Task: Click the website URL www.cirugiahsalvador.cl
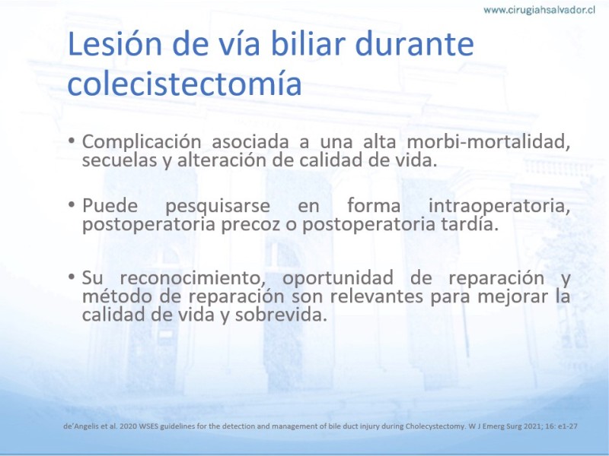point(539,10)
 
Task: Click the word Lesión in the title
point(115,43)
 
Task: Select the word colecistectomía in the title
point(184,83)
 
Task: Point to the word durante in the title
point(414,43)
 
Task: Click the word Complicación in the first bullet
point(142,142)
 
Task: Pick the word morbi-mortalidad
point(488,141)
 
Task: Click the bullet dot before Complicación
point(72,140)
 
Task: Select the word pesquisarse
point(218,206)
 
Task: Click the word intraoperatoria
point(499,206)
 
